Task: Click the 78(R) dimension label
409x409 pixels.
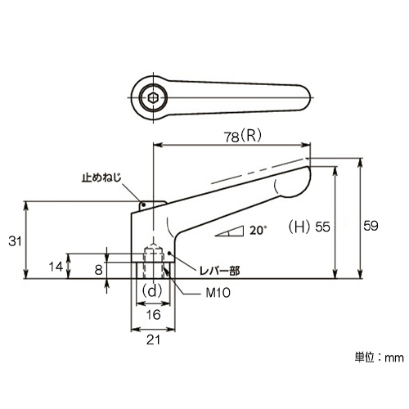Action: tap(243, 136)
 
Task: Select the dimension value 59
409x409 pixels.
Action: tap(371, 226)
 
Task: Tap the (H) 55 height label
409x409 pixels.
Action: tap(309, 227)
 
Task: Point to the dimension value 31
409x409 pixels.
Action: tap(15, 241)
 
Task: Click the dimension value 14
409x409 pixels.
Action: tap(56, 267)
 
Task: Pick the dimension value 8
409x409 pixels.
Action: tap(98, 270)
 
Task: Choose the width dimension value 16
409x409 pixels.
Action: tap(154, 315)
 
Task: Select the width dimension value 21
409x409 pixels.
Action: tap(153, 340)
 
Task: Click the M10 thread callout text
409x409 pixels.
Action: tap(218, 293)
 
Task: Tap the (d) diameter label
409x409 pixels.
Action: tap(153, 291)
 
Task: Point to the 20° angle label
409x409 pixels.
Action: tap(257, 231)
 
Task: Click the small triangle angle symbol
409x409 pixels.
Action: tap(230, 231)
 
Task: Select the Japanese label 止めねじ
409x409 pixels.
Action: tap(101, 178)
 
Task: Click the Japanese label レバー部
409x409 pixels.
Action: tap(220, 271)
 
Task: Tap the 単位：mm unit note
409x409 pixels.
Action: tap(379, 357)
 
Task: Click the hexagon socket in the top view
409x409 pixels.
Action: tap(154, 97)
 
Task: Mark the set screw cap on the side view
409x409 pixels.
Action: tap(152, 206)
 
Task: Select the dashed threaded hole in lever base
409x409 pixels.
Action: tap(154, 261)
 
